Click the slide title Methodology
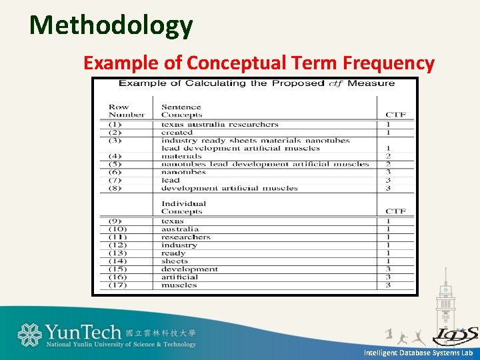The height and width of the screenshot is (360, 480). (111, 25)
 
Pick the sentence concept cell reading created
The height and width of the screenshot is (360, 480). (177, 133)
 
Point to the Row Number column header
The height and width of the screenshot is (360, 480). (126, 111)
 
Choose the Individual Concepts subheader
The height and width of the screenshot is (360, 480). (183, 207)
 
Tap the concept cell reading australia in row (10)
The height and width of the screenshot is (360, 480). (180, 229)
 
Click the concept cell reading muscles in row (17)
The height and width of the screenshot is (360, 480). (179, 285)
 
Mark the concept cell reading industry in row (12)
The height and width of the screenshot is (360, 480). (179, 245)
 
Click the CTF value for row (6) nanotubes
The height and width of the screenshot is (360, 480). (388, 172)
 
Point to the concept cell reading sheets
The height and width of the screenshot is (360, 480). (175, 261)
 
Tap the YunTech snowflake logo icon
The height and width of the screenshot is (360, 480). (29, 335)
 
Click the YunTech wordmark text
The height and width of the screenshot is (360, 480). (83, 331)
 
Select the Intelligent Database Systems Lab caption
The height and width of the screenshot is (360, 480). (418, 352)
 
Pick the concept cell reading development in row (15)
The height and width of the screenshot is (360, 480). (189, 269)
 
